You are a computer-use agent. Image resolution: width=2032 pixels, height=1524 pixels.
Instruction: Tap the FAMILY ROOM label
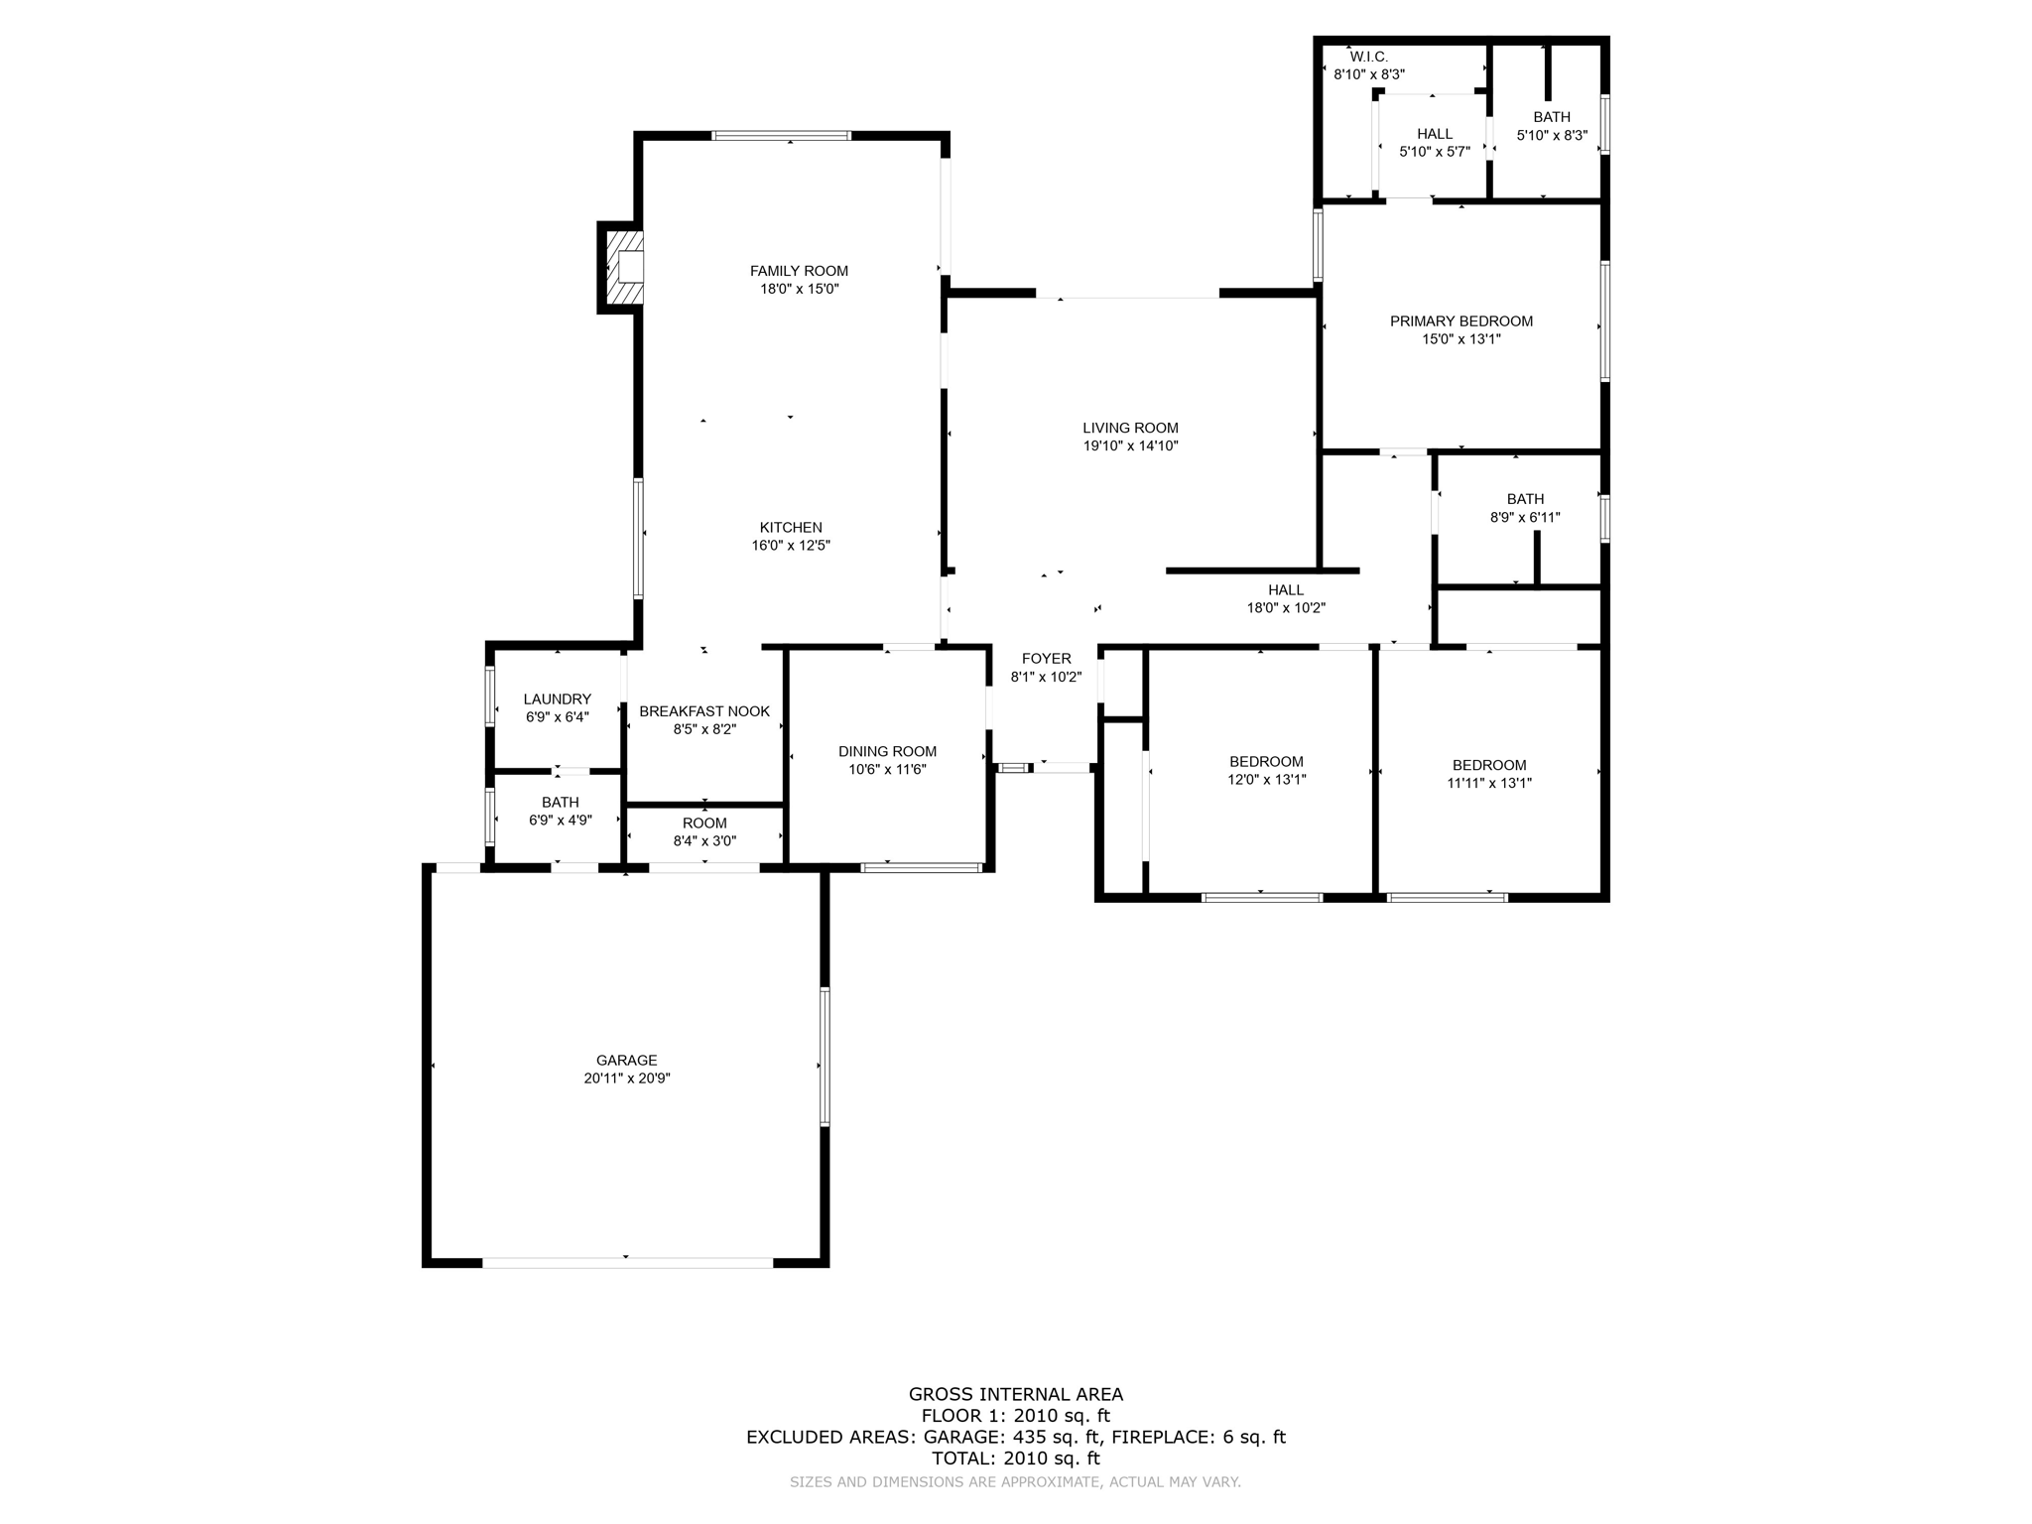[x=799, y=271]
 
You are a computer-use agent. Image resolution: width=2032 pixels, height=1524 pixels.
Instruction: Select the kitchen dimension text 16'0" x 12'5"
[x=791, y=545]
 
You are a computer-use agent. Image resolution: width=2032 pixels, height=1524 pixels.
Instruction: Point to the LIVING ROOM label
[x=1130, y=428]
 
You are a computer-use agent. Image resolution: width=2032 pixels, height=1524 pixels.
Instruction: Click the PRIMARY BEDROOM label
[x=1460, y=320]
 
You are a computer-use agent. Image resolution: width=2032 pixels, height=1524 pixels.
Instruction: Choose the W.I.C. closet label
[x=1369, y=58]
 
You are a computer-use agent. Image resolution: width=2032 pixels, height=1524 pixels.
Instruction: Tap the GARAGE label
[x=627, y=1060]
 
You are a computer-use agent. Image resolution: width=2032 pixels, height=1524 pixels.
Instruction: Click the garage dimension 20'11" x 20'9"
[x=627, y=1078]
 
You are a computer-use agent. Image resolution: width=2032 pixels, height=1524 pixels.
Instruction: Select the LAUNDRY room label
[x=558, y=698]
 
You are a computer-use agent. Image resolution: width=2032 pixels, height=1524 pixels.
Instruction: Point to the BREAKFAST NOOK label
[x=704, y=711]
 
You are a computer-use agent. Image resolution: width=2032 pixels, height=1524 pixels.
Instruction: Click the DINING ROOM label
[x=887, y=751]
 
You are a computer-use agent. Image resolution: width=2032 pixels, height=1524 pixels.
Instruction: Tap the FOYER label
[x=1047, y=659]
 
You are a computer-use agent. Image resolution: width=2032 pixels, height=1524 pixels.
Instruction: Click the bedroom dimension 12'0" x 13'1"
[x=1266, y=780]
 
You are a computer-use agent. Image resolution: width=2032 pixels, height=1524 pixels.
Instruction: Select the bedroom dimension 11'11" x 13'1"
[x=1489, y=783]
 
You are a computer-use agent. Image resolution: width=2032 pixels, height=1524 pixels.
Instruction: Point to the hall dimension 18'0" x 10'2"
[x=1286, y=608]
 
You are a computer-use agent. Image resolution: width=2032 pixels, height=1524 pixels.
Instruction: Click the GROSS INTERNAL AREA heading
[x=1016, y=1394]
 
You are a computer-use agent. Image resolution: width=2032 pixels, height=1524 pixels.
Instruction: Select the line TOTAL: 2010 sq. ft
[x=1016, y=1459]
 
